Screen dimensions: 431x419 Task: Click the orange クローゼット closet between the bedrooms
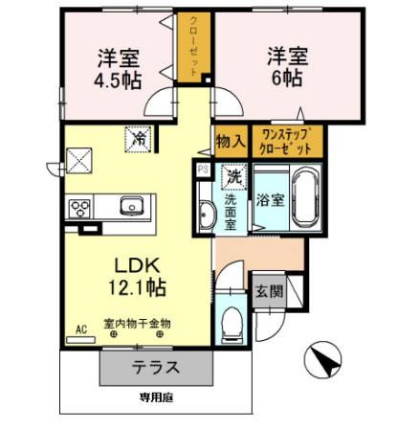(195, 47)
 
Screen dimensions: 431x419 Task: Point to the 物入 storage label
(231, 142)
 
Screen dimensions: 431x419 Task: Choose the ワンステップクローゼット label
(286, 142)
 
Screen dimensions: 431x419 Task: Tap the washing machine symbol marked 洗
(233, 177)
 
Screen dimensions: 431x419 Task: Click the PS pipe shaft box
(203, 170)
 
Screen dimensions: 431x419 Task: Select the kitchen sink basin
(131, 206)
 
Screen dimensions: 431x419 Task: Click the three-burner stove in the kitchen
(79, 207)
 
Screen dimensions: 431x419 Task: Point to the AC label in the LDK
(81, 329)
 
